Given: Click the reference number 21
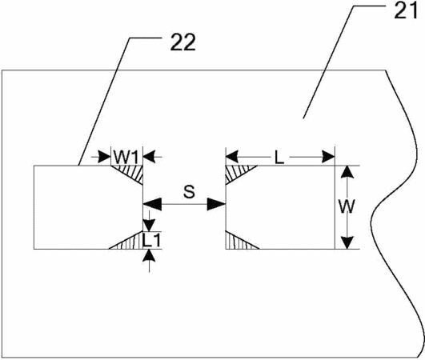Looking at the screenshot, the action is pos(406,11).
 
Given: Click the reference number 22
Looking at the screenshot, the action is pos(183,42).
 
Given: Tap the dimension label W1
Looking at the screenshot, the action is pos(126,157).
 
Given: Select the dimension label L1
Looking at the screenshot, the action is pos(152,241).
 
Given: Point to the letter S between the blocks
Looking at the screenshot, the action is pos(189,191).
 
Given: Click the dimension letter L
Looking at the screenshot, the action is pos(279,157).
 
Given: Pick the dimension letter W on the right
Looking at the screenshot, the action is pos(347,206).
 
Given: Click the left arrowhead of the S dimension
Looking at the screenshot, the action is pos(152,204).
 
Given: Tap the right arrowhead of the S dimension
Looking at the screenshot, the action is pos(217,204).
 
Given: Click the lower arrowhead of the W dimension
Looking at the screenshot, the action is pos(347,242).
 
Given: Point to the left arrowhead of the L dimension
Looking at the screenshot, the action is pos(232,157).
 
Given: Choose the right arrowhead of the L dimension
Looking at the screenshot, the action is pos(328,157).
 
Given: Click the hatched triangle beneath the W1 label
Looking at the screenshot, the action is pos(132,172).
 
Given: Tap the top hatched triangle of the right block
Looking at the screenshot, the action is pos(236,172).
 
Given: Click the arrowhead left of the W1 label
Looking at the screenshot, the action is pos(105,157).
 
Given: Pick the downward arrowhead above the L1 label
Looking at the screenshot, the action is pos(149,225).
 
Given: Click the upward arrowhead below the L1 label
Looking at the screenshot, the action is pos(149,255).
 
